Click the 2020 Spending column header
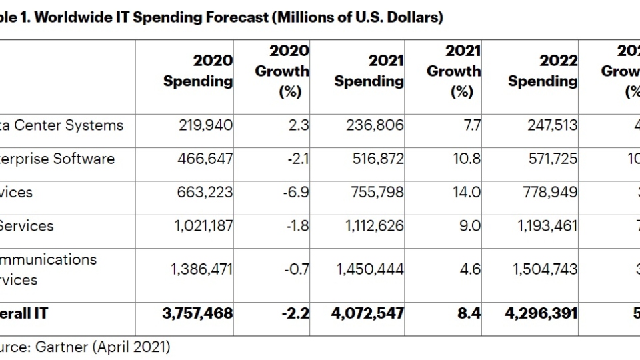tap(198, 71)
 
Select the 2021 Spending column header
tap(369, 71)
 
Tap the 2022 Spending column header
tap(542, 71)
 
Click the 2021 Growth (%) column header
tap(453, 71)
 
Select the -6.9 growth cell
tap(297, 193)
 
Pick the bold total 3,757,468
tap(197, 313)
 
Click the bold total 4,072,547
tap(367, 313)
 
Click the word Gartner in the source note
tap(65, 347)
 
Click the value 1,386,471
tap(201, 269)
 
